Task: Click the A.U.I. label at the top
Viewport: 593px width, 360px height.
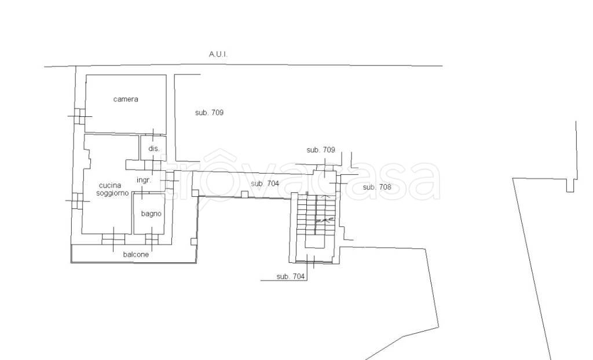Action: (218, 54)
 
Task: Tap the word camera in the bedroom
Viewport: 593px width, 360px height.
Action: (126, 99)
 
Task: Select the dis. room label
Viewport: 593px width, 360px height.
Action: (154, 149)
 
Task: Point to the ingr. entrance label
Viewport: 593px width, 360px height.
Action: (144, 180)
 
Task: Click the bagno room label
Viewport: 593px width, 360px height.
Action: (151, 214)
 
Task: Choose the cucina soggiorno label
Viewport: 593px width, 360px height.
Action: (112, 189)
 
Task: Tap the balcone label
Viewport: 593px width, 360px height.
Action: (136, 255)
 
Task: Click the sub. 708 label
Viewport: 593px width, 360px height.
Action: (377, 187)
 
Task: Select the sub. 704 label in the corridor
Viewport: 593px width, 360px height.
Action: (265, 183)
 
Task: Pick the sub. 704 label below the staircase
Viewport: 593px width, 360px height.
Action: (291, 277)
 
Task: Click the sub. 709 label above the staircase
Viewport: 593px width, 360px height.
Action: (321, 150)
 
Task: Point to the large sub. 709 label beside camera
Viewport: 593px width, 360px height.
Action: (209, 112)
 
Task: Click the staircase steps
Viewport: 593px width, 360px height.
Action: (316, 215)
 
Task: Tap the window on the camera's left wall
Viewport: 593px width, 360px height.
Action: (80, 116)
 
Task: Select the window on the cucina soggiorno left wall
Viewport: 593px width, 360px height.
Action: (77, 201)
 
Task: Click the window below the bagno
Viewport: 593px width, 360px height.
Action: (152, 240)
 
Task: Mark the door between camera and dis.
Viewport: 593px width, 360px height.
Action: (153, 135)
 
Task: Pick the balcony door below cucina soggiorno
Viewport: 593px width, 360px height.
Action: (113, 240)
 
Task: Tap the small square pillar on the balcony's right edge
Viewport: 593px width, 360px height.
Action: (194, 242)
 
